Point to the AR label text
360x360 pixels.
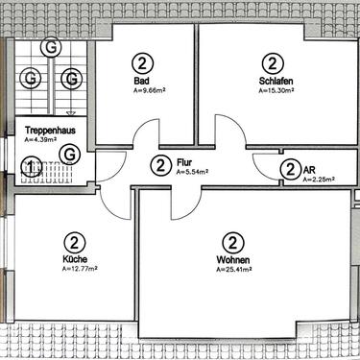point(308,168)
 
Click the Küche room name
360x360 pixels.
point(76,259)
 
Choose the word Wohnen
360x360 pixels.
point(231,259)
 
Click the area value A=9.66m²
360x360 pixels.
point(151,92)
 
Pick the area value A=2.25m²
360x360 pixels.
point(318,179)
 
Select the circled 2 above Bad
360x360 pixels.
point(142,64)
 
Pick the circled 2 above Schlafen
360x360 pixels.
point(274,64)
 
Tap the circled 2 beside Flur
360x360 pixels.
point(159,165)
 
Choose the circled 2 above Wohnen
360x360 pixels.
point(231,242)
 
